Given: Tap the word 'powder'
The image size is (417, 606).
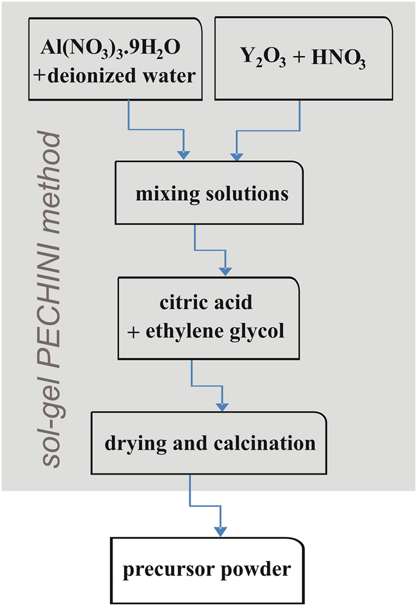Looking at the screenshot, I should pos(255,569).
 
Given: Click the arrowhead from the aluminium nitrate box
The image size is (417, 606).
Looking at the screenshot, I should pos(183,154).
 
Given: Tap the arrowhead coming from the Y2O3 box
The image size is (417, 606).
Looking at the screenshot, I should pos(238,154).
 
